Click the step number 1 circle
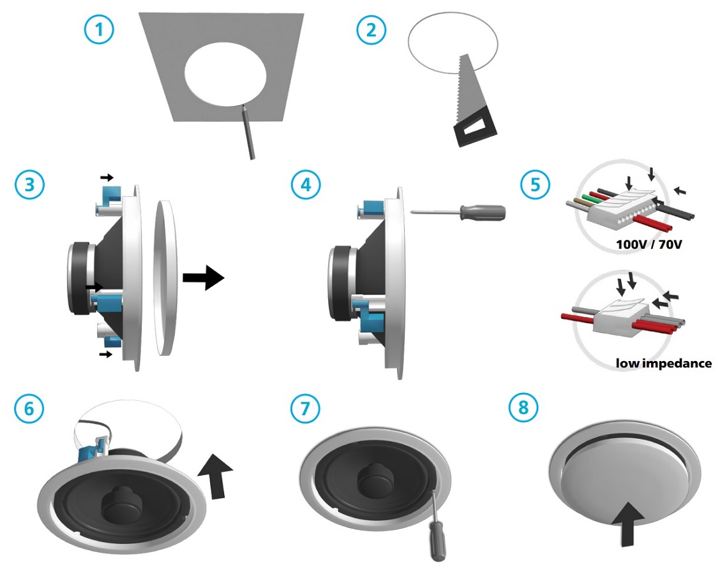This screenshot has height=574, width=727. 99,29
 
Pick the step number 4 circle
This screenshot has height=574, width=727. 306,185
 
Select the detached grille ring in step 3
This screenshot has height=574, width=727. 166,277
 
